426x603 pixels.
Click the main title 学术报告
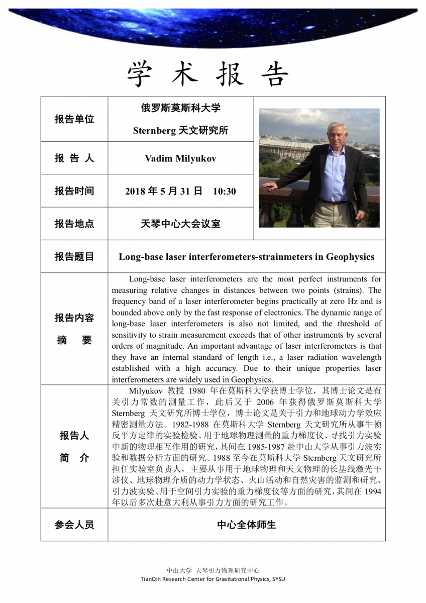(208, 74)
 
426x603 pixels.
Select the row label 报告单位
(74, 120)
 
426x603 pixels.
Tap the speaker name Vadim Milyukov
(180, 158)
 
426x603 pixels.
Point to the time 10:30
(224, 191)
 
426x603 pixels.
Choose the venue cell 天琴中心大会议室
(180, 224)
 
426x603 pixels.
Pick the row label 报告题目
(74, 257)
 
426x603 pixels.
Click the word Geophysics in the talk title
(350, 257)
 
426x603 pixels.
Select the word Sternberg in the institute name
(154, 131)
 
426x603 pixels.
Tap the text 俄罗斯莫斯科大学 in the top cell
(180, 108)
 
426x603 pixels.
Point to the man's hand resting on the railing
(270, 185)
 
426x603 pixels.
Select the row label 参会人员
(74, 525)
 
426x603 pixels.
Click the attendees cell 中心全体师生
(246, 525)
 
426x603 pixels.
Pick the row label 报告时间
(74, 191)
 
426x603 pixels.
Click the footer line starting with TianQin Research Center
(213, 579)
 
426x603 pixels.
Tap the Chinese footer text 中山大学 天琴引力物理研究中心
(213, 570)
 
